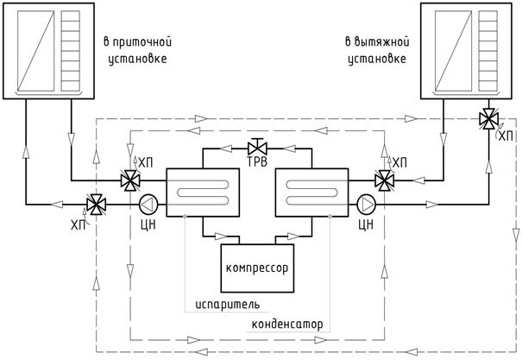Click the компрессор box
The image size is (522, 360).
257,268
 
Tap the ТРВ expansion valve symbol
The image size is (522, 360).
257,146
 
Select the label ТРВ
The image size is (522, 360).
257,162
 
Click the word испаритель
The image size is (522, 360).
228,305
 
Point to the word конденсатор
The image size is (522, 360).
287,325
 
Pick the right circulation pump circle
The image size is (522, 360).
366,204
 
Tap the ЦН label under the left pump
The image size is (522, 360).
148,224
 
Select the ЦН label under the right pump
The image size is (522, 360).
366,224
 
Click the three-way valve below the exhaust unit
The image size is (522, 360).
488,119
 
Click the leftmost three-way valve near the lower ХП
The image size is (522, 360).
96,205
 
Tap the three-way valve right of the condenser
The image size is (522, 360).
385,180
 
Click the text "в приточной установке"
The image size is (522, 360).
138,51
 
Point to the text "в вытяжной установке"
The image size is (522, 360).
377,51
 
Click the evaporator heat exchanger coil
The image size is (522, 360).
203,193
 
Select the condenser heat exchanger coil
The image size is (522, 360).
311,193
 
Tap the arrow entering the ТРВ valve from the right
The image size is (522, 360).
289,148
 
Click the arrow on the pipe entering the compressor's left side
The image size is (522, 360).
221,237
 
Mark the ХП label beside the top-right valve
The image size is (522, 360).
506,136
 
